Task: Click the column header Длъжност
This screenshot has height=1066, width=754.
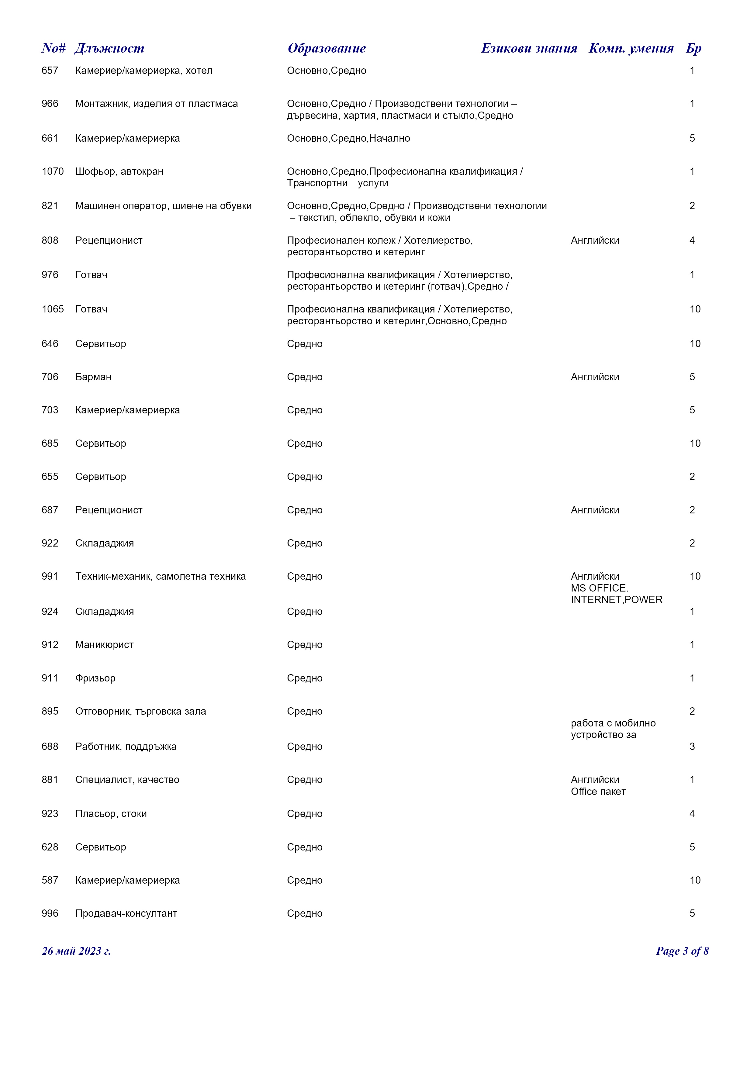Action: click(109, 48)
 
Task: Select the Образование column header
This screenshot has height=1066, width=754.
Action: click(327, 48)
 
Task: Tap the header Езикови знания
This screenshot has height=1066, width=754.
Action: click(529, 48)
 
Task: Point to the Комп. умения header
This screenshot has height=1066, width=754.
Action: click(631, 48)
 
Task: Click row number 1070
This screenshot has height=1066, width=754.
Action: click(53, 171)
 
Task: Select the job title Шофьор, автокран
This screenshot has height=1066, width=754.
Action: click(119, 171)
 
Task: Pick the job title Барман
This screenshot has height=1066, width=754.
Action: click(93, 377)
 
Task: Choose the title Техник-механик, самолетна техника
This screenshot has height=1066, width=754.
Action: click(161, 576)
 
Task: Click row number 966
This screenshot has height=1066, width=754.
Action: click(50, 104)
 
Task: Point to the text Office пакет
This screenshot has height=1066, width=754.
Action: click(598, 792)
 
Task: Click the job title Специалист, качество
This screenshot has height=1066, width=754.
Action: click(127, 780)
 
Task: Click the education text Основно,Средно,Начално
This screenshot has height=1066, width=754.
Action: click(348, 138)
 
